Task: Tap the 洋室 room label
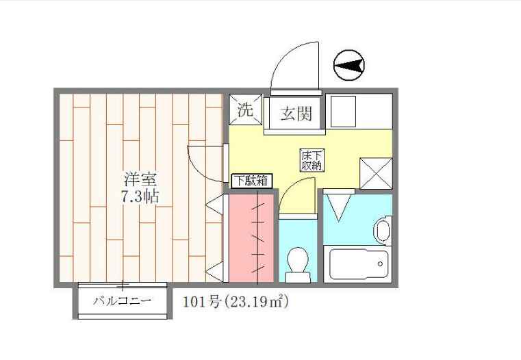142,181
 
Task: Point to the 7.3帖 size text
142,196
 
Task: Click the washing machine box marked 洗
245,110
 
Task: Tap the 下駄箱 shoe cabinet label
251,181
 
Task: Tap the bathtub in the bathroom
359,265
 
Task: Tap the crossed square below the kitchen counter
377,172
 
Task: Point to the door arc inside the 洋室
205,163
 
